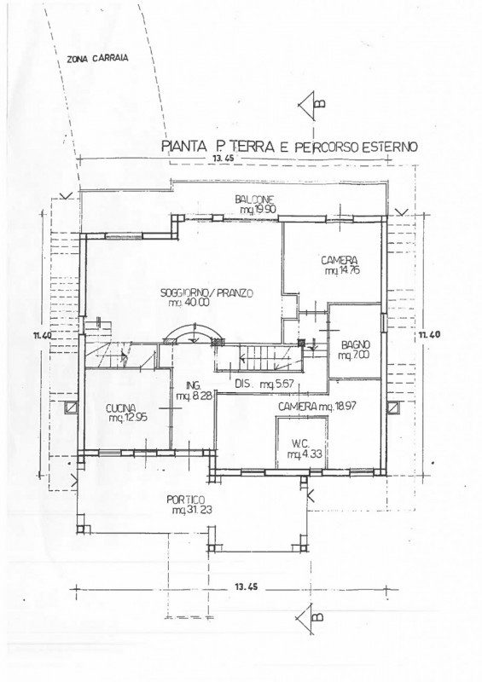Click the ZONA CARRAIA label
(98, 59)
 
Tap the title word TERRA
(248, 147)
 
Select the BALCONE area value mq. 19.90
(258, 210)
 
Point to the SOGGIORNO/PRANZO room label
(206, 293)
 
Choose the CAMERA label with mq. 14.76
(340, 261)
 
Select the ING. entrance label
(194, 385)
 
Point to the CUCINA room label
(120, 408)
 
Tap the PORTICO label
(185, 500)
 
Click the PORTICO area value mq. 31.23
(192, 510)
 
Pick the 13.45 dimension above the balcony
(224, 159)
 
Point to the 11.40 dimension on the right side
(429, 334)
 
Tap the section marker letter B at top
(320, 103)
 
